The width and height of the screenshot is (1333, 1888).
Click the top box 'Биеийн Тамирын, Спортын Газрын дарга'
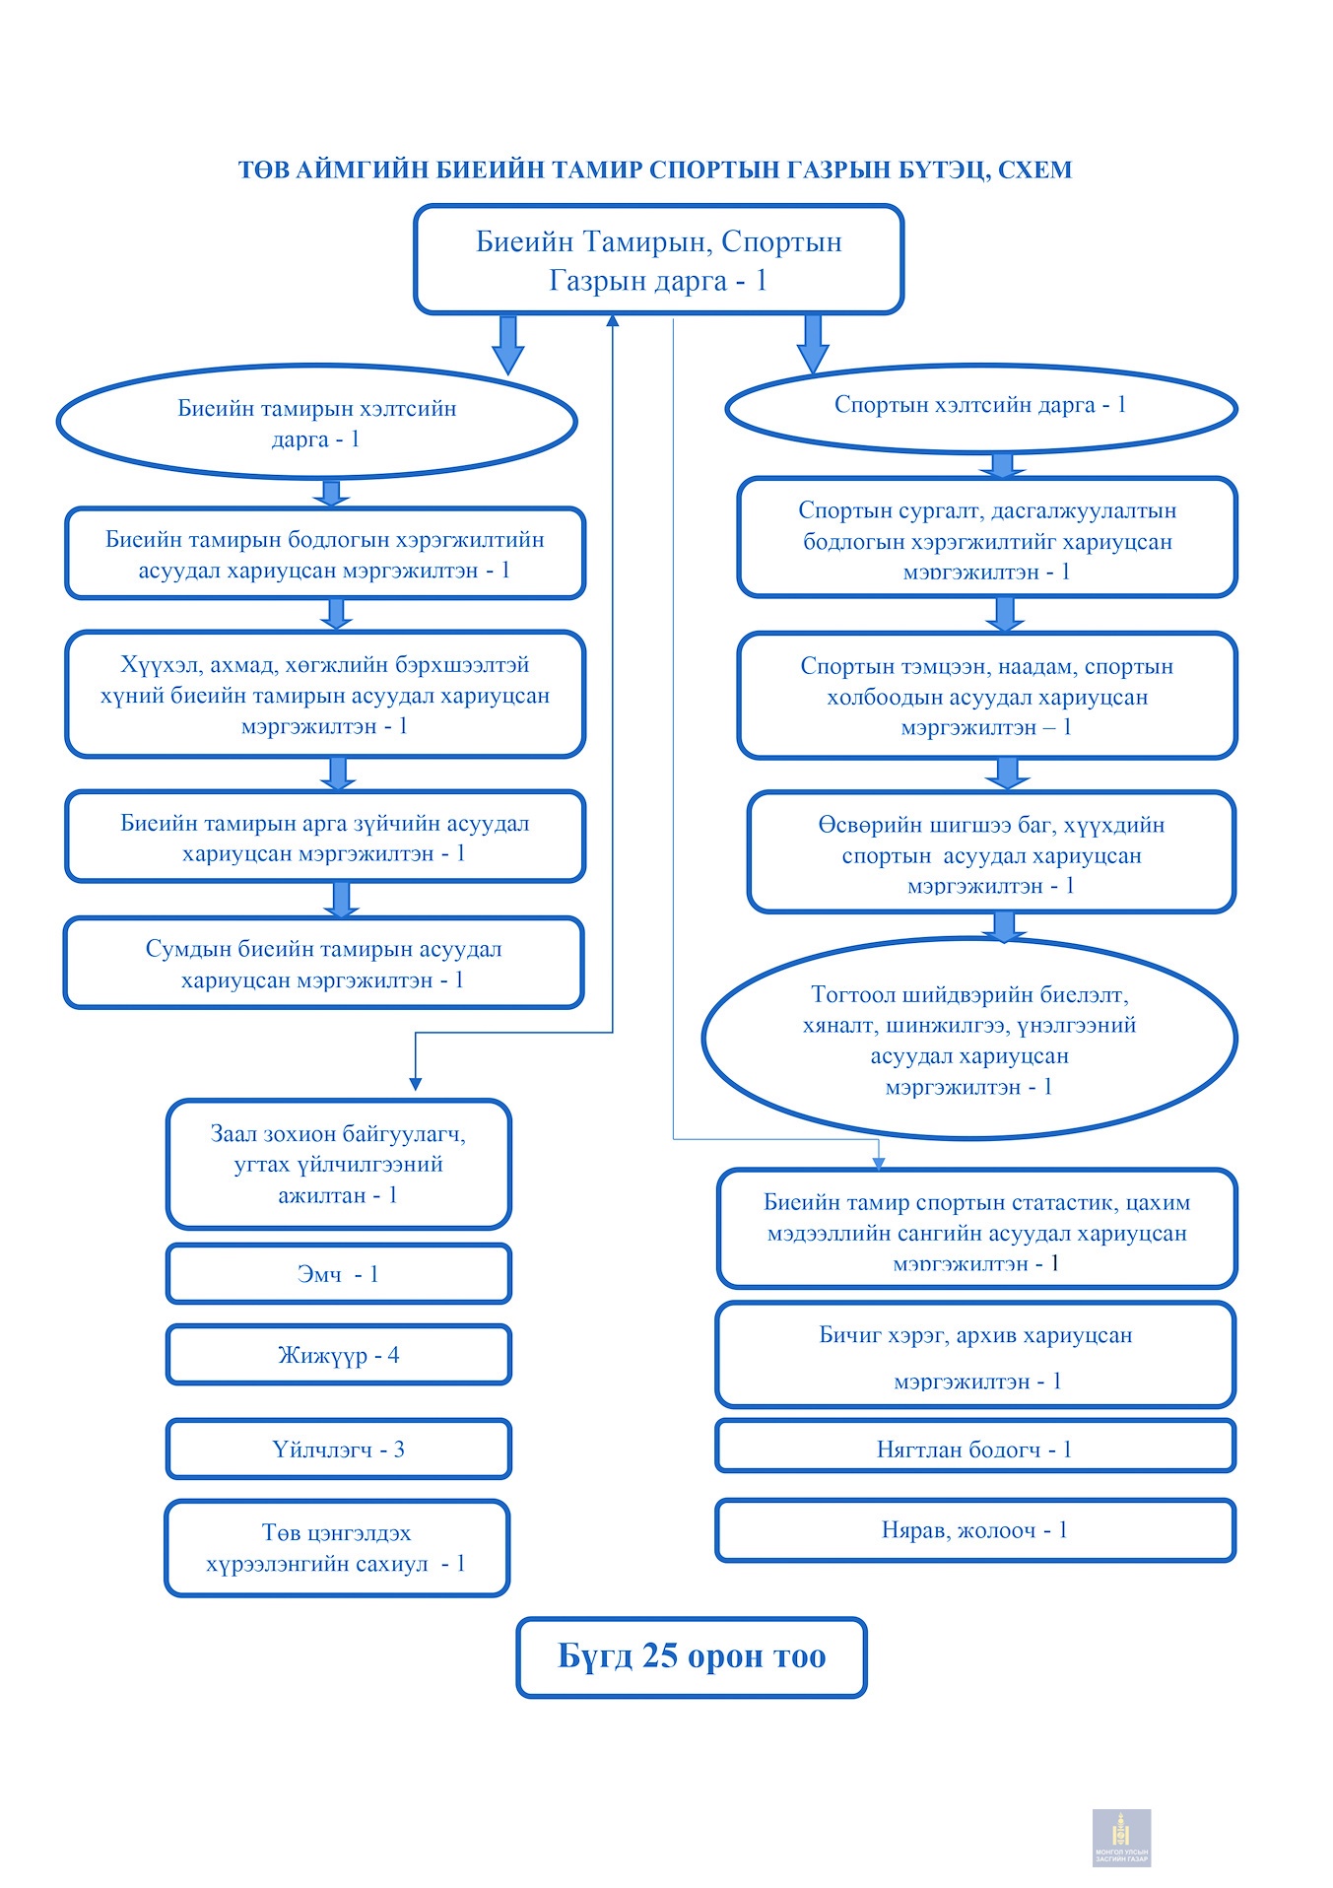[x=658, y=260]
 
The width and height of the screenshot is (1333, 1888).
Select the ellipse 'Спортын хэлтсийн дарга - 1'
[x=981, y=408]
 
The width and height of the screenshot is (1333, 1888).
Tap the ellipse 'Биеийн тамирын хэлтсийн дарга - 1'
[x=316, y=423]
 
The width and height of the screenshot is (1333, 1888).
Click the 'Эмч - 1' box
[x=338, y=1274]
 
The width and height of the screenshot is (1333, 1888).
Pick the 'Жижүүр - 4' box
[x=338, y=1355]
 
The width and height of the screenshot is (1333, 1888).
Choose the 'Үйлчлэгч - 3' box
[x=338, y=1449]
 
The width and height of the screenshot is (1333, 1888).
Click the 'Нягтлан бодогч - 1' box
[x=975, y=1447]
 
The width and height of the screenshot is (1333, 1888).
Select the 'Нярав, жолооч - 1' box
[x=975, y=1530]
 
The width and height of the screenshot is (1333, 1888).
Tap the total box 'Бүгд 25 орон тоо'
[x=692, y=1657]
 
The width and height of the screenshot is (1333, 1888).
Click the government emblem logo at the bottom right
[x=1121, y=1838]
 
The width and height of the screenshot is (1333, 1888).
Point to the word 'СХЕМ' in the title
[x=1034, y=170]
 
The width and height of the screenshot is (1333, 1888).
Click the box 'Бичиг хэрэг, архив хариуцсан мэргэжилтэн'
[x=975, y=1355]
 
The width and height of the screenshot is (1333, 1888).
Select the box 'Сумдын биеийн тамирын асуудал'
[x=324, y=963]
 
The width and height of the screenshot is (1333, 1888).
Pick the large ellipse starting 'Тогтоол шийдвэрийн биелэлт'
[x=969, y=1039]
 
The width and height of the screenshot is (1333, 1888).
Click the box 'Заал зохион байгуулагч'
[x=338, y=1164]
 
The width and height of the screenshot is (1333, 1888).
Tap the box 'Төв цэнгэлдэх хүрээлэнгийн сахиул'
[x=337, y=1548]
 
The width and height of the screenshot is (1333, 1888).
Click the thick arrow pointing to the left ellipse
[x=507, y=345]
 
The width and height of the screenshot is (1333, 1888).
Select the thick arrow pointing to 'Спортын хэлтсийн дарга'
[x=812, y=345]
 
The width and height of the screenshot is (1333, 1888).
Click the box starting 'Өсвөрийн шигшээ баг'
[x=991, y=852]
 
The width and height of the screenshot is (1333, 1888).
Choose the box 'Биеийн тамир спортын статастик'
[x=976, y=1229]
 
